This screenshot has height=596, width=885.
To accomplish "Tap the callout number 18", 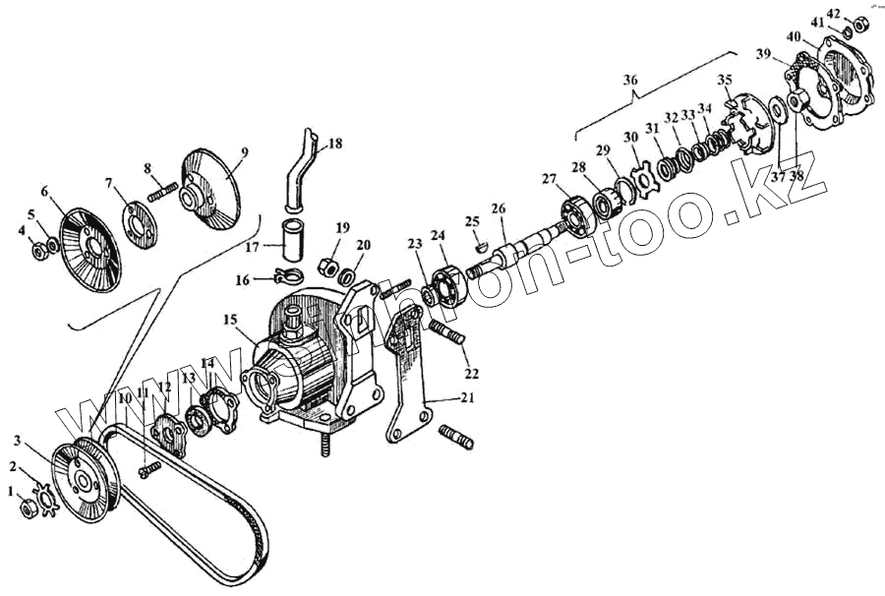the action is pos(335,144).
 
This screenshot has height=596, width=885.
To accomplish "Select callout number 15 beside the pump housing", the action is pos(230,320).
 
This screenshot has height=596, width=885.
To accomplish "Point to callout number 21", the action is pos(467,398).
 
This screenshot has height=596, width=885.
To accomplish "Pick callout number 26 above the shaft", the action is pos(499,209).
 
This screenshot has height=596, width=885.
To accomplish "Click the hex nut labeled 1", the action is pos(29,510).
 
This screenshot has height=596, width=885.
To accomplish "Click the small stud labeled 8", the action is pos(162,191).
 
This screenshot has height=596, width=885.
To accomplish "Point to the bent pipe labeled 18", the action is pos(298,173).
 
